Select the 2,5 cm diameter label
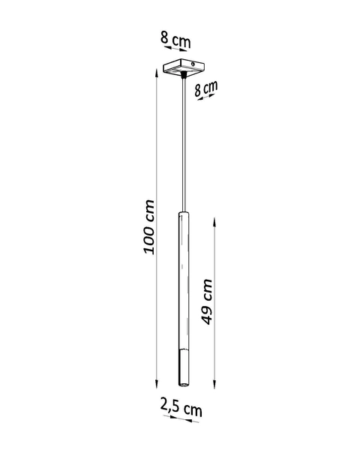coord(181,409)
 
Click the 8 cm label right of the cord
coord(205,91)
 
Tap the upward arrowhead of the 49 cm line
coord(215,220)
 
